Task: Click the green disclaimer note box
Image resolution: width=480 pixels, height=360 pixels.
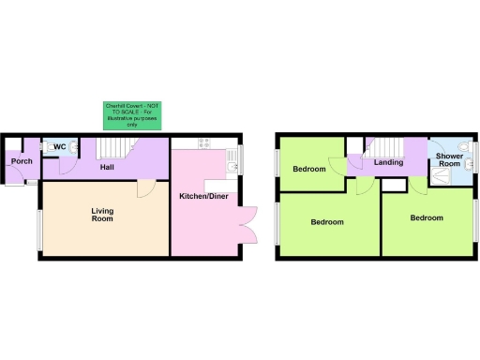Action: click(132, 114)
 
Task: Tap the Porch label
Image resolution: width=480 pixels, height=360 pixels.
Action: click(22, 162)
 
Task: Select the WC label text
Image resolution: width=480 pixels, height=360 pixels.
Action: click(59, 147)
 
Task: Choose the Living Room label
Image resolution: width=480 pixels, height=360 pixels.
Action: click(102, 217)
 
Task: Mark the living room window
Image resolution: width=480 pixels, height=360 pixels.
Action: click(39, 230)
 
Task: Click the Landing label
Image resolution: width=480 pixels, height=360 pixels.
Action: click(388, 162)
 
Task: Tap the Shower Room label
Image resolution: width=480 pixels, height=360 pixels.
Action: click(449, 160)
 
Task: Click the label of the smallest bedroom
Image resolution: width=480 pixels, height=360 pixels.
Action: click(308, 170)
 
